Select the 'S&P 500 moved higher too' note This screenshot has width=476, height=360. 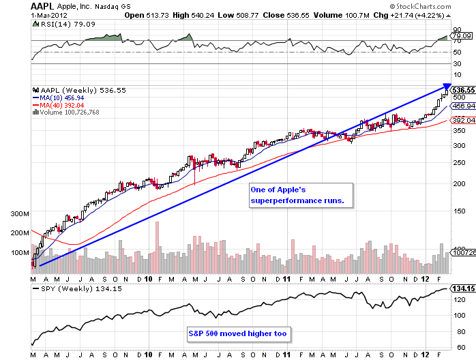click(238, 334)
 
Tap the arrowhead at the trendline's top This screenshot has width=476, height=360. click(446, 85)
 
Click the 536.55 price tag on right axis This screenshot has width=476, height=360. click(462, 89)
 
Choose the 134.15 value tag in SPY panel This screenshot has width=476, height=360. click(462, 288)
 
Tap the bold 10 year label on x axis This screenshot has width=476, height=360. click(148, 279)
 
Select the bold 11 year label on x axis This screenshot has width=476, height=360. click(288, 279)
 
